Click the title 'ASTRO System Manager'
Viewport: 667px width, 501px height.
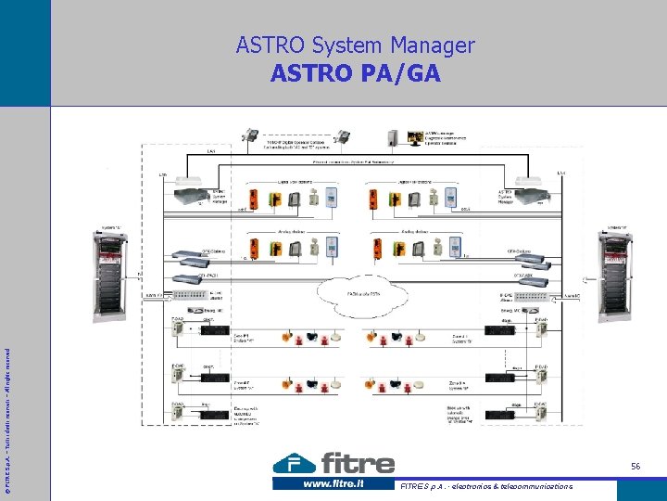click(x=355, y=45)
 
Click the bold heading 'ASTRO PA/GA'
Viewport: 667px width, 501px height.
click(x=355, y=73)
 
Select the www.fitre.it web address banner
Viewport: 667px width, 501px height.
click(x=333, y=483)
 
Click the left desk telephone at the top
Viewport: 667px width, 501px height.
click(x=250, y=135)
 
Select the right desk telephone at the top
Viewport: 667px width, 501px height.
click(x=342, y=136)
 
